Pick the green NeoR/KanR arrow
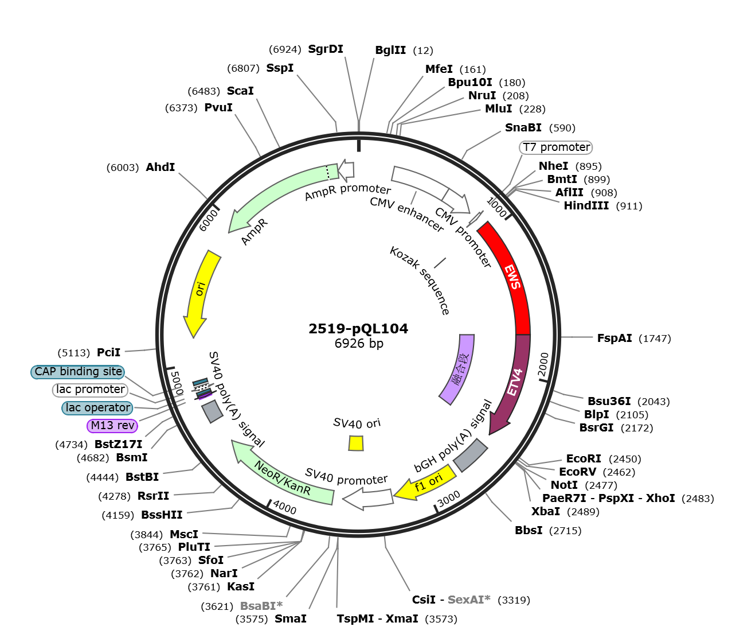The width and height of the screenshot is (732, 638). pyautogui.click(x=283, y=476)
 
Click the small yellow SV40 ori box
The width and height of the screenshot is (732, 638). pyautogui.click(x=356, y=443)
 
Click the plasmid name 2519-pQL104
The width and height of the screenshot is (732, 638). pyautogui.click(x=358, y=328)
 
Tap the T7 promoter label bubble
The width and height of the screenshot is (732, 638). pyautogui.click(x=555, y=147)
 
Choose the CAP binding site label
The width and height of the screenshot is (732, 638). pyautogui.click(x=78, y=372)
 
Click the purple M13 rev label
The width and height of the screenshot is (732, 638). pyautogui.click(x=112, y=425)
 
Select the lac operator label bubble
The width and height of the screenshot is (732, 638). pyautogui.click(x=97, y=407)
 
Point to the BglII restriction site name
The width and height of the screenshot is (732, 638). pyautogui.click(x=390, y=50)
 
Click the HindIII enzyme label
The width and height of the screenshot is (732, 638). pyautogui.click(x=586, y=205)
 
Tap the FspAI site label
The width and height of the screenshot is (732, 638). pyautogui.click(x=614, y=338)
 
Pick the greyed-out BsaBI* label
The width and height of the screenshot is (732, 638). pyautogui.click(x=261, y=605)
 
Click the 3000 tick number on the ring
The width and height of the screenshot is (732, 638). pyautogui.click(x=449, y=499)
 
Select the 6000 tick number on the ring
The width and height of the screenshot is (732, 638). pyautogui.click(x=208, y=220)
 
